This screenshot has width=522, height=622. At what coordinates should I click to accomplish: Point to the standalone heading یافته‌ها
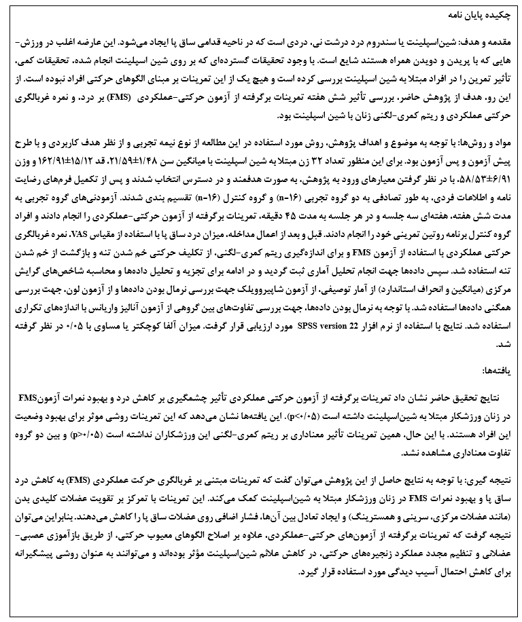pos(496,369)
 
